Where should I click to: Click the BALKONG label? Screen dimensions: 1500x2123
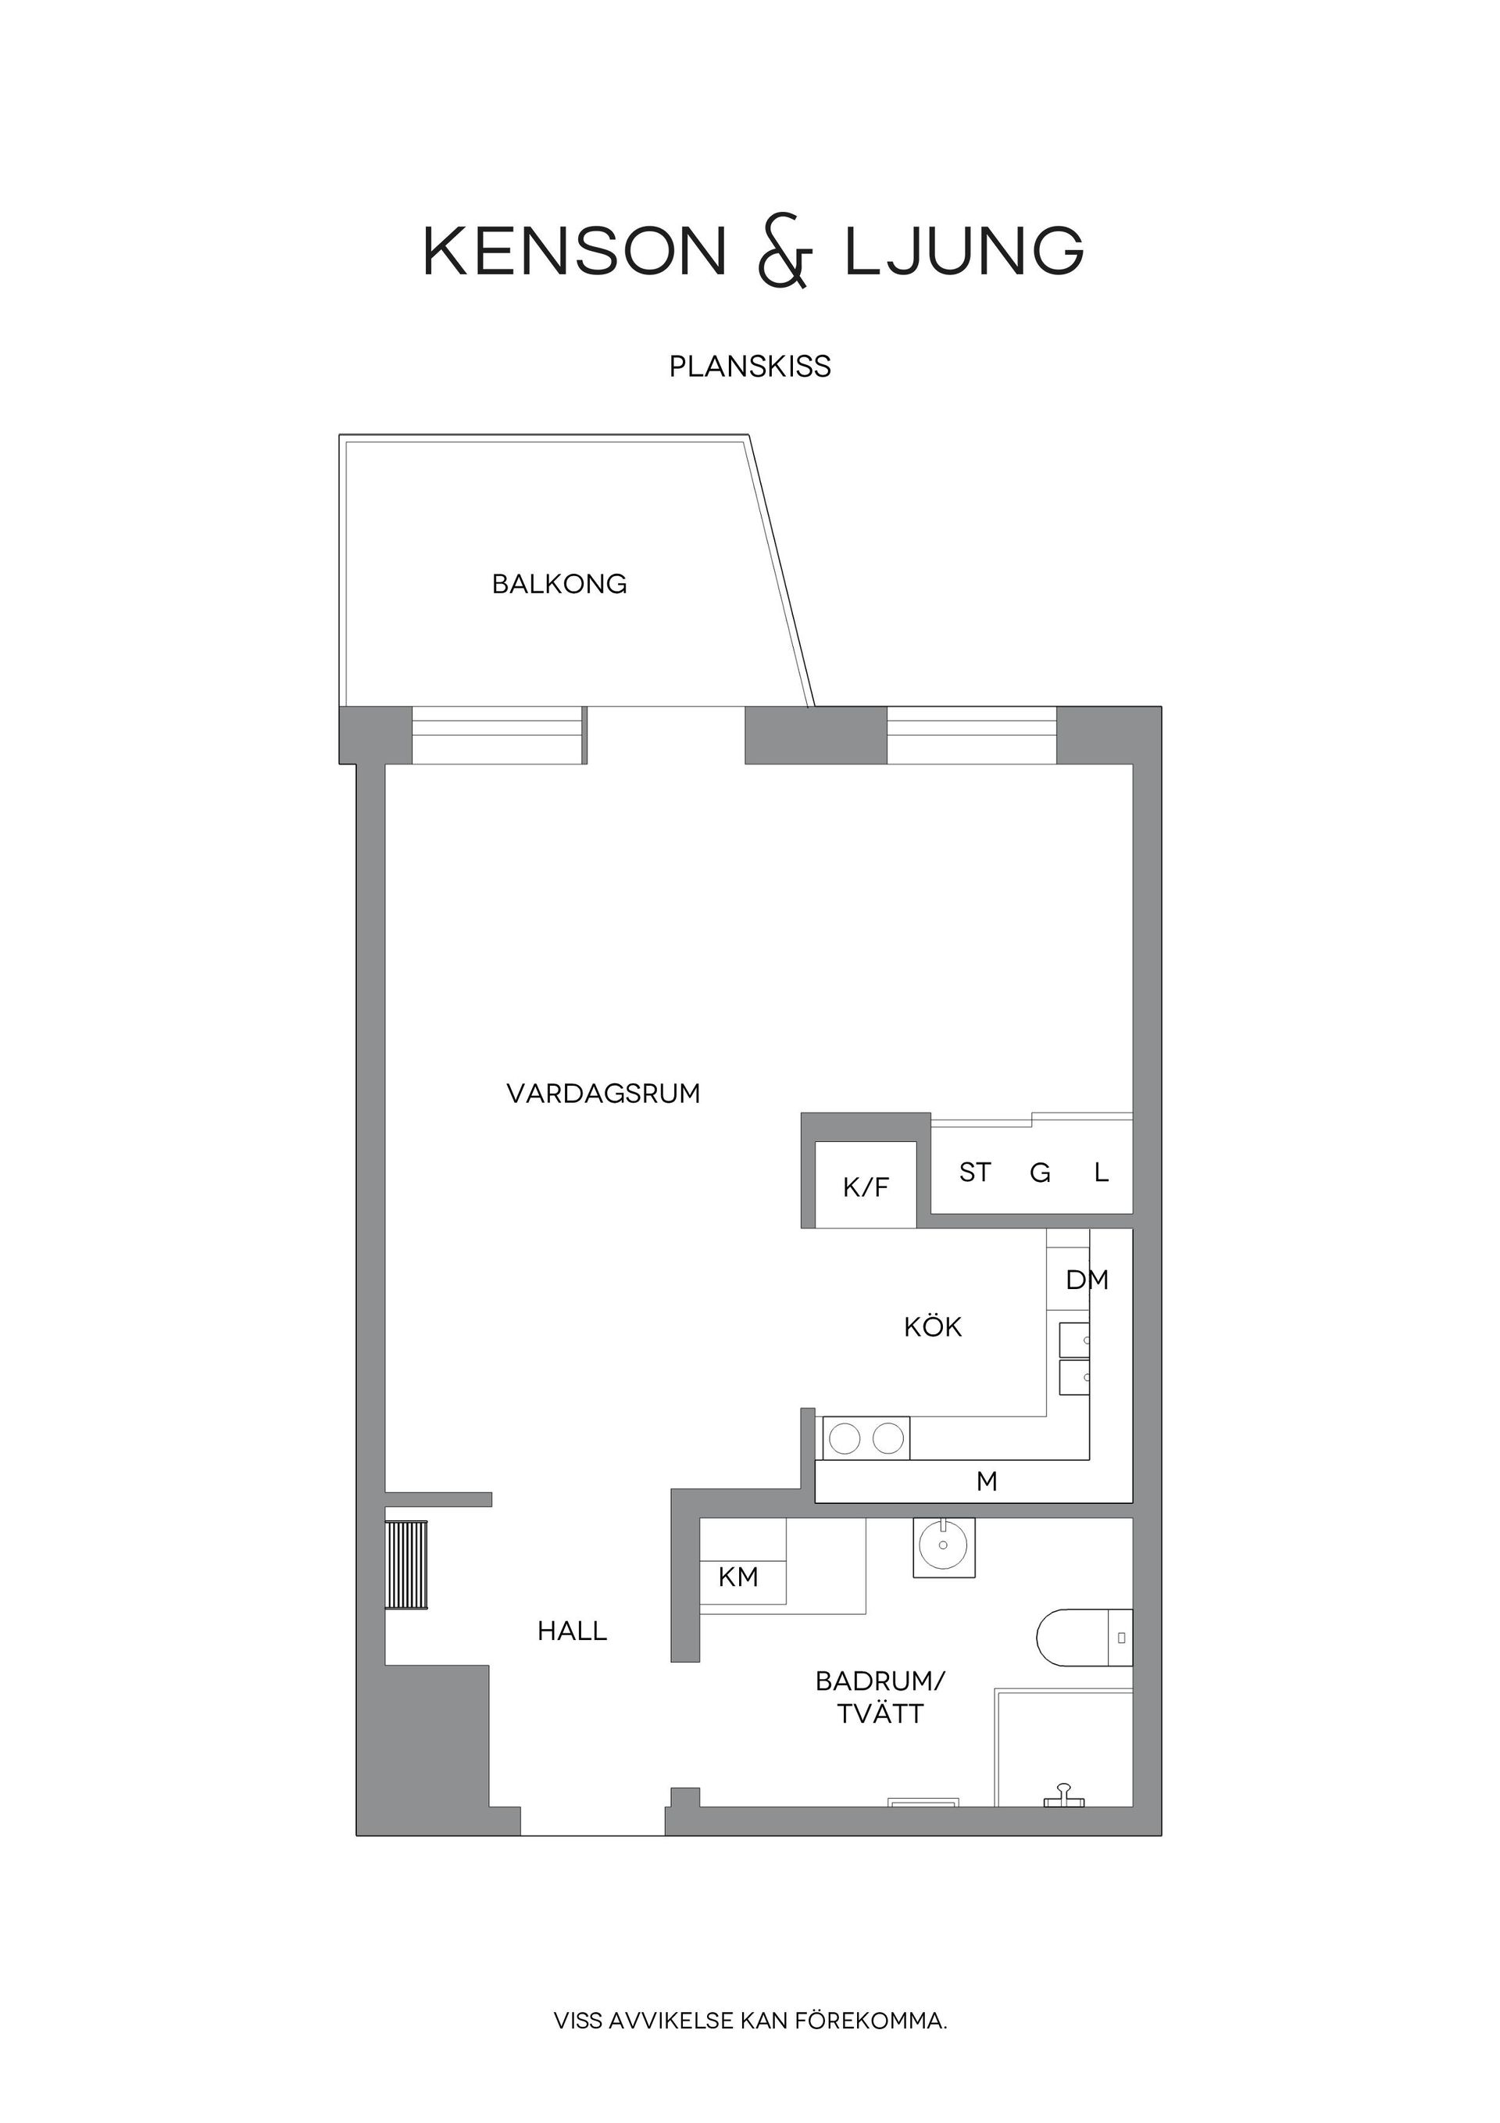tap(559, 585)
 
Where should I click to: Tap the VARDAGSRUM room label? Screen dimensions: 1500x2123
tap(603, 1094)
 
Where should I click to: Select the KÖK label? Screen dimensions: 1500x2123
tap(934, 1327)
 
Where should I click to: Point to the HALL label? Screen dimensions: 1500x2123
tap(572, 1631)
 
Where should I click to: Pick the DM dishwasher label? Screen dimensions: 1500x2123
tap(1087, 1280)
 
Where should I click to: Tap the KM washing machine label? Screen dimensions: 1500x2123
tap(738, 1577)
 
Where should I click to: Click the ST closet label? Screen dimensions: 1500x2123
tap(975, 1172)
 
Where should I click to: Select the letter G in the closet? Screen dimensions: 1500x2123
tap(1040, 1173)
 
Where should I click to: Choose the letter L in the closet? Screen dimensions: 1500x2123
tap(1101, 1172)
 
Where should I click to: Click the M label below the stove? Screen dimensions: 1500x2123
tap(987, 1481)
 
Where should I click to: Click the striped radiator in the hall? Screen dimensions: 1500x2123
tap(407, 1565)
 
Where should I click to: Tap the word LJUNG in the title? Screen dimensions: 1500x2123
tap(965, 251)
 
